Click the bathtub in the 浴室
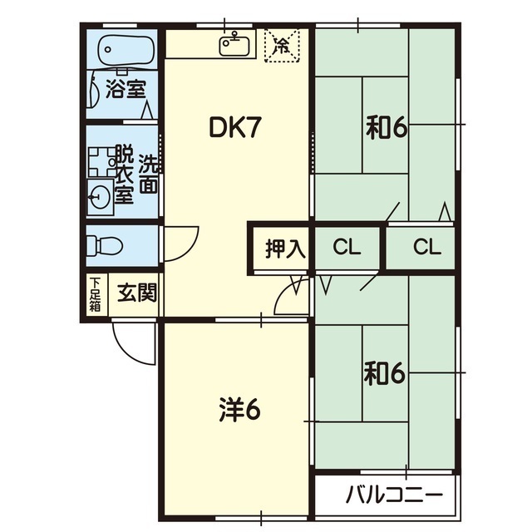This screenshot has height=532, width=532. (126, 49)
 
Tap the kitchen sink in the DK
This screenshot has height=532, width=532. (234, 44)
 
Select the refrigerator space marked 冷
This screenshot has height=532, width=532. (282, 46)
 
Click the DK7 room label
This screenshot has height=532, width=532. (235, 127)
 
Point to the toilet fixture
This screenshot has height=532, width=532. (105, 246)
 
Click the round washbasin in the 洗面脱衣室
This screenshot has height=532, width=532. (100, 197)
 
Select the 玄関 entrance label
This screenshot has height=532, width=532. (137, 293)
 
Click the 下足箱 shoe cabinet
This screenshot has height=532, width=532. (96, 294)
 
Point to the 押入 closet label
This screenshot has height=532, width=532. (285, 249)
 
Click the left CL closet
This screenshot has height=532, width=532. (347, 247)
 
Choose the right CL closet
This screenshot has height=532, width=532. (421, 247)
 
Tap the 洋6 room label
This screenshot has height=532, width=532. (240, 411)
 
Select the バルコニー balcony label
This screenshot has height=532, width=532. (394, 495)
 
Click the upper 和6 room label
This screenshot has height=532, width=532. (387, 128)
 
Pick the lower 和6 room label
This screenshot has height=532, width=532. (384, 373)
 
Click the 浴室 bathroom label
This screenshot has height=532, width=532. (126, 89)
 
